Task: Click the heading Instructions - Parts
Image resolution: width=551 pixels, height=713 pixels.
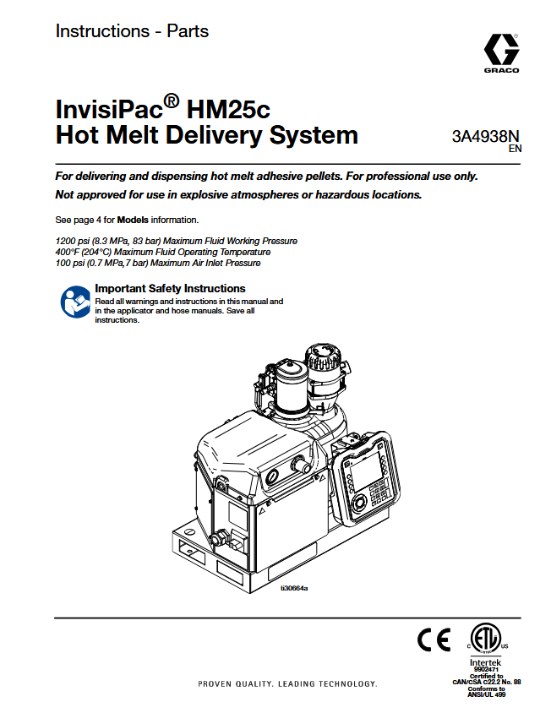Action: pos(132,31)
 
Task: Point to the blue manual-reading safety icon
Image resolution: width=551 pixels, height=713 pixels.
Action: pos(74,302)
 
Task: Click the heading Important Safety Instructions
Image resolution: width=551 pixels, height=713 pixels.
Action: pos(170,288)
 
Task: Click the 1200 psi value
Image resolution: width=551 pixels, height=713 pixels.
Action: pos(71,241)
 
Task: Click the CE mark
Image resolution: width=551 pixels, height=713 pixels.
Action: pos(434,640)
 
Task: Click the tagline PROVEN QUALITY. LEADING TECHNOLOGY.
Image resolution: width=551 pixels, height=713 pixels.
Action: pos(287,683)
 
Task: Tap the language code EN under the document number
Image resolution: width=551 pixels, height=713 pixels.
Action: pos(514,149)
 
